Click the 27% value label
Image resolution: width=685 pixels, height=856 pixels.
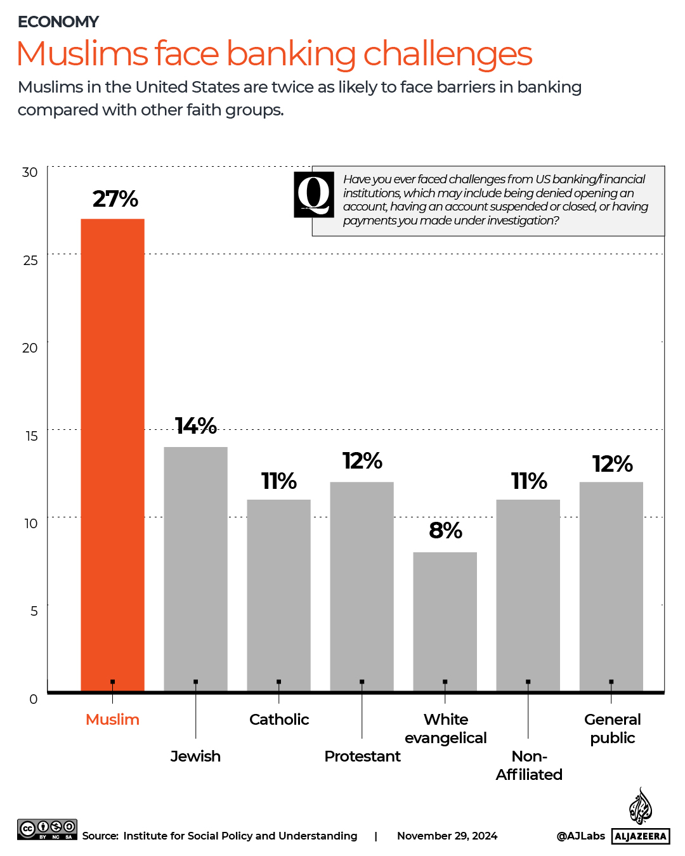115,199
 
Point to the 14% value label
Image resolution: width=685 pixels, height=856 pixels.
196,425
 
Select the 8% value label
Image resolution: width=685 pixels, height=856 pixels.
445,530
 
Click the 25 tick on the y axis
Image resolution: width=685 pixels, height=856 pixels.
30,261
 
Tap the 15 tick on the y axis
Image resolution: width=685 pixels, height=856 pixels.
31,436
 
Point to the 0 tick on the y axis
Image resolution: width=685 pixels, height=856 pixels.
34,699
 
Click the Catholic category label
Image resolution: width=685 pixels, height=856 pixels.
279,720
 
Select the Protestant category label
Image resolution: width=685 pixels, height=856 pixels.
362,756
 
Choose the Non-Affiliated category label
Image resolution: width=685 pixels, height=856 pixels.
529,765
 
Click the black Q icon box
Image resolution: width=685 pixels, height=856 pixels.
314,195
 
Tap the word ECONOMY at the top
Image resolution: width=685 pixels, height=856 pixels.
58,22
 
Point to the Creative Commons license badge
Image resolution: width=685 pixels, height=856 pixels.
48,829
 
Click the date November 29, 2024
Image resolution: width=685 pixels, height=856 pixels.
447,836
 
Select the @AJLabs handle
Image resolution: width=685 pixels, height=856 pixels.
580,836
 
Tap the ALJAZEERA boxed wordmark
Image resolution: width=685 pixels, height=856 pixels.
641,836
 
